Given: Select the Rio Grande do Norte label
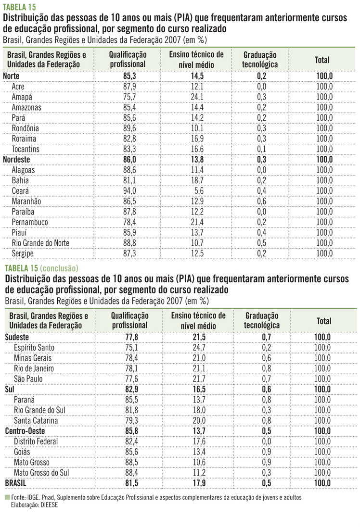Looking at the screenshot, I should (40, 242).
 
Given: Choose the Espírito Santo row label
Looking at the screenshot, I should (34, 347).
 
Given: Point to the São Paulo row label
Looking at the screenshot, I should (28, 379).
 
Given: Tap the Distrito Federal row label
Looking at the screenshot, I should (36, 441).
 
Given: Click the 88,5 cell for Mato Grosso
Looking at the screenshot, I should (129, 462).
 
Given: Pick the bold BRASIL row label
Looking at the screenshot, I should (16, 483).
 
